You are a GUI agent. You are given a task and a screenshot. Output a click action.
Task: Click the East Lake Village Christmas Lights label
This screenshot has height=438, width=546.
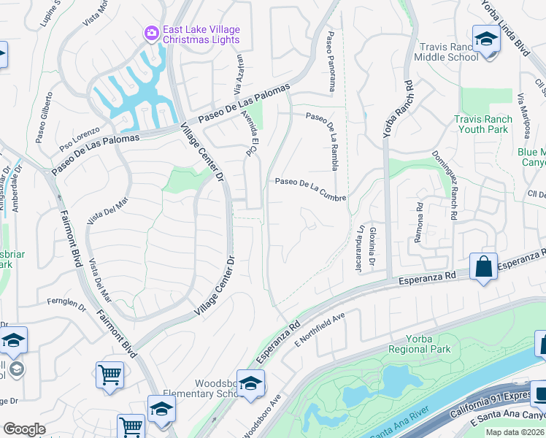201,34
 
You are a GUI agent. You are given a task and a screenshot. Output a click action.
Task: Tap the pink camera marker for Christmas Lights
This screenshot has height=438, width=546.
152,32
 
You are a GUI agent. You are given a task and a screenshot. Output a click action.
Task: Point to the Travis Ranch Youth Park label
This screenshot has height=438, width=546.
481,124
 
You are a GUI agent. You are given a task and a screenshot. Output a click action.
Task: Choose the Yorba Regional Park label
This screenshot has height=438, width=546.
419,343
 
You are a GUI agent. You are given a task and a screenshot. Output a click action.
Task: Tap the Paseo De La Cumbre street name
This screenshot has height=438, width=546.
309,190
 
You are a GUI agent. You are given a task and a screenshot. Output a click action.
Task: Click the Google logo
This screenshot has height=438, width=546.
23,429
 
